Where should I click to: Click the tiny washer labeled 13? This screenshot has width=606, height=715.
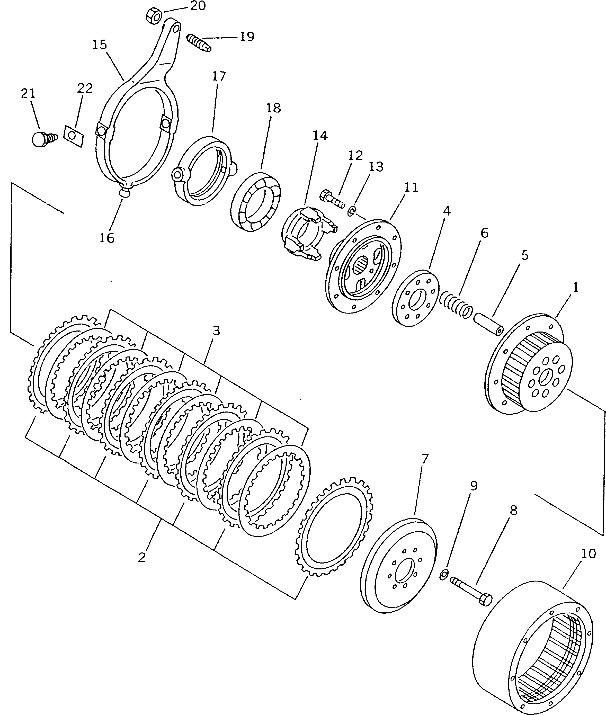351,211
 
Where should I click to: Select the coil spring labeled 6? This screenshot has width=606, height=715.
456,303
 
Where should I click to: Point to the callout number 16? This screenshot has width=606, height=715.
106,237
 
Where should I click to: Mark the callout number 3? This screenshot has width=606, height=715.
216,331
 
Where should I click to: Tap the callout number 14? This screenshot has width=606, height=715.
320,136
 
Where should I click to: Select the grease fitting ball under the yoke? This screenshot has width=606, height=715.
124,193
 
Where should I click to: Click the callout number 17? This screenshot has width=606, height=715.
219,76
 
